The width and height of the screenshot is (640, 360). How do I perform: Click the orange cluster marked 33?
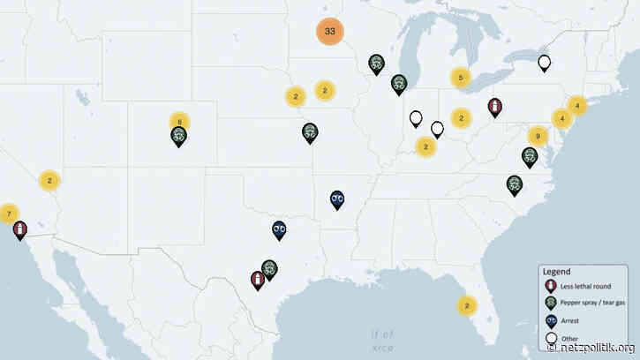click(x=329, y=31)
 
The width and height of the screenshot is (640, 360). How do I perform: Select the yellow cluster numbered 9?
click(x=537, y=136)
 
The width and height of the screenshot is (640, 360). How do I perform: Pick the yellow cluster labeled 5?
click(x=460, y=78)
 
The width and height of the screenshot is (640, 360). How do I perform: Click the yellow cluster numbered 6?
click(x=179, y=122)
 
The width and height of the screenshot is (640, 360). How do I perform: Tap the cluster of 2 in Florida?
click(x=466, y=305)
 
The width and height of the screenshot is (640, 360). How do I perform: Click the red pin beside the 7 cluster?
click(x=19, y=229)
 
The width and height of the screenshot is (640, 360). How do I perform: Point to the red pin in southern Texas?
click(x=257, y=280)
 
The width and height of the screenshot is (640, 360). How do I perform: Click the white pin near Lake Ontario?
click(x=545, y=63)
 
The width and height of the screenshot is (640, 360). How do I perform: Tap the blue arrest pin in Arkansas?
click(x=337, y=199)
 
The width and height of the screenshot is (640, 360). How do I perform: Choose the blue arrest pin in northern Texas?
click(x=280, y=229)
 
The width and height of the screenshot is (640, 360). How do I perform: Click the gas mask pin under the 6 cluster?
click(x=178, y=135)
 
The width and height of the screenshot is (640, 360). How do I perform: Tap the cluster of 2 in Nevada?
click(x=50, y=181)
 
